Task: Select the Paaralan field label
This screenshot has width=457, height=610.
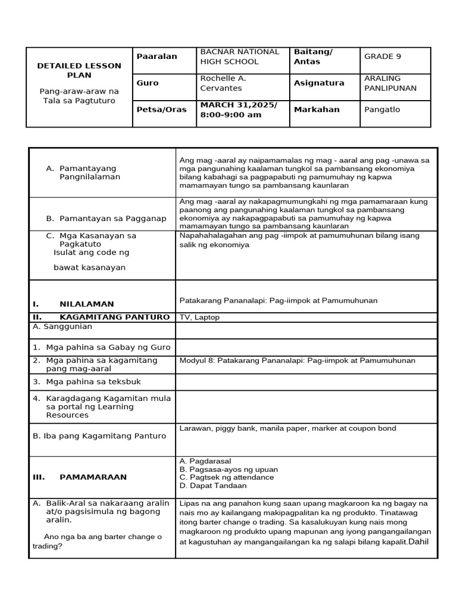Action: (x=157, y=57)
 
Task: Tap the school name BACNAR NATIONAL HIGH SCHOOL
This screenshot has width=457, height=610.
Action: (x=239, y=57)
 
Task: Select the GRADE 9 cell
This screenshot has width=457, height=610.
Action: (x=383, y=57)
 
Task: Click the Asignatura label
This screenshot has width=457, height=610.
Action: (x=319, y=83)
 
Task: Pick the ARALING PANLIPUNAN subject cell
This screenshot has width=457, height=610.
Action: (x=390, y=83)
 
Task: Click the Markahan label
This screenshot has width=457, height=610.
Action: (x=317, y=110)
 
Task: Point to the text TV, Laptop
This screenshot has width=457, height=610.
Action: (x=199, y=318)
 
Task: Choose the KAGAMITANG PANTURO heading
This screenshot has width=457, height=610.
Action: (x=114, y=317)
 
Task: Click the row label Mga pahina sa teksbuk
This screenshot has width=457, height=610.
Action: (x=91, y=381)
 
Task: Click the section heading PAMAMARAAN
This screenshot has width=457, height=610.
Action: (x=93, y=477)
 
